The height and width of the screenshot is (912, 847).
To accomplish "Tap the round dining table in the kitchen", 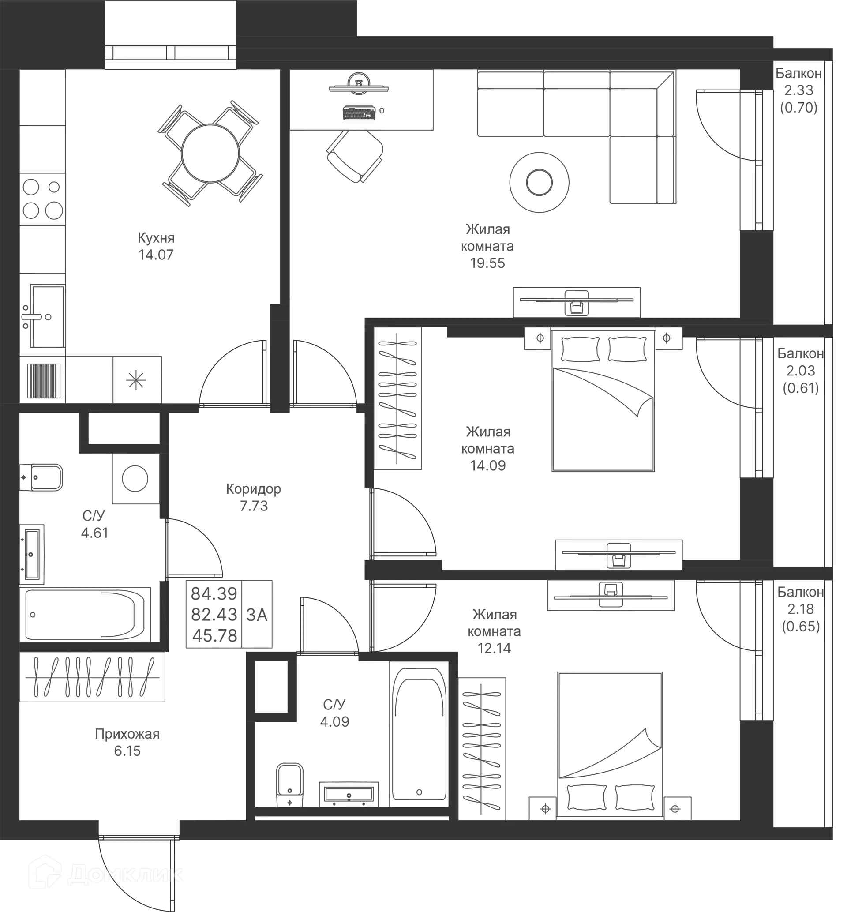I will pyautogui.click(x=210, y=153).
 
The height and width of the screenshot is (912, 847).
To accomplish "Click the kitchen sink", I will pyautogui.click(x=45, y=316).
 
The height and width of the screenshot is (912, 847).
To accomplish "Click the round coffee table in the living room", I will pyautogui.click(x=540, y=181).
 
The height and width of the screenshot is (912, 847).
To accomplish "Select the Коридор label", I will pyautogui.click(x=254, y=489).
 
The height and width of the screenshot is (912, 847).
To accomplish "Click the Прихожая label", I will pyautogui.click(x=127, y=735).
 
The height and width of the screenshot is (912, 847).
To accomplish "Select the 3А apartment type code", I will pyautogui.click(x=257, y=615).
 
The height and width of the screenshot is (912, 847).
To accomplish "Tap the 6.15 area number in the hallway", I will pyautogui.click(x=127, y=751).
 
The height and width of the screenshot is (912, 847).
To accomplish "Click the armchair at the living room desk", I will pyautogui.click(x=354, y=156).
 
